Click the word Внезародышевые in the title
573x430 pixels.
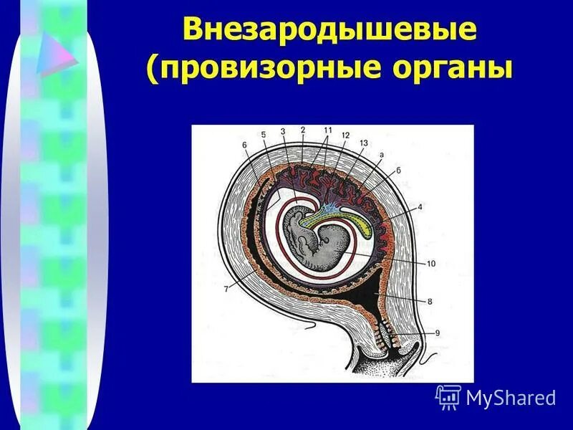[x=329, y=30]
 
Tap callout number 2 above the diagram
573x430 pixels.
[x=303, y=130]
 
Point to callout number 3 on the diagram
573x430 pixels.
[x=283, y=131]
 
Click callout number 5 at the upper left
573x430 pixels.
[x=263, y=134]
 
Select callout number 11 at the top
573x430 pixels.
[x=327, y=130]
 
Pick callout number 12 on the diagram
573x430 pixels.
[x=345, y=135]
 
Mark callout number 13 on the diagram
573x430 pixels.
[x=363, y=143]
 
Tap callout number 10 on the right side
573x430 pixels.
[x=431, y=264]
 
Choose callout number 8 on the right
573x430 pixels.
[x=430, y=302]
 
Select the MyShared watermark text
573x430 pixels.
[x=511, y=397]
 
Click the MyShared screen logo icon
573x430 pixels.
[x=448, y=396]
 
